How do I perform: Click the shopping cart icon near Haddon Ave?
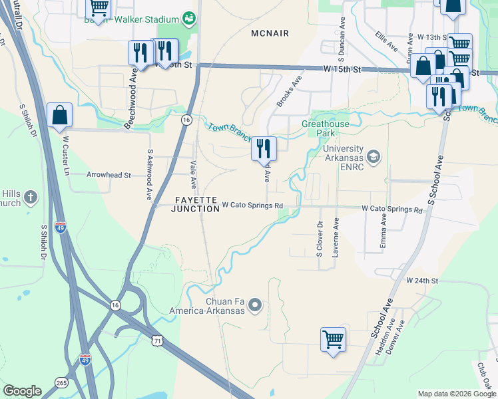tap(333, 339)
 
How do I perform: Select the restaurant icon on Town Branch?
tap(264, 148)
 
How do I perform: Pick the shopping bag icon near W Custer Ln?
tap(59, 114)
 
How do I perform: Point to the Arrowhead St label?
tap(109, 175)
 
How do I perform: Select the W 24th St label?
tap(423, 281)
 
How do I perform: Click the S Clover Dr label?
tap(320, 235)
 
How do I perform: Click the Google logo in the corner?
tap(22, 391)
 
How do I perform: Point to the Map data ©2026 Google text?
tap(457, 394)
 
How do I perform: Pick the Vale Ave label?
tap(194, 174)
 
